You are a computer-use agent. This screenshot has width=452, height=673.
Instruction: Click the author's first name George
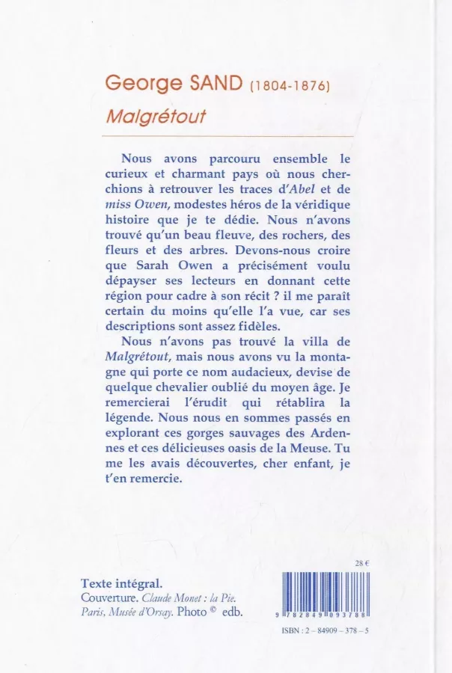point(137,84)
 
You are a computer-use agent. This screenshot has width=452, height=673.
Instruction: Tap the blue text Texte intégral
point(122,583)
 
